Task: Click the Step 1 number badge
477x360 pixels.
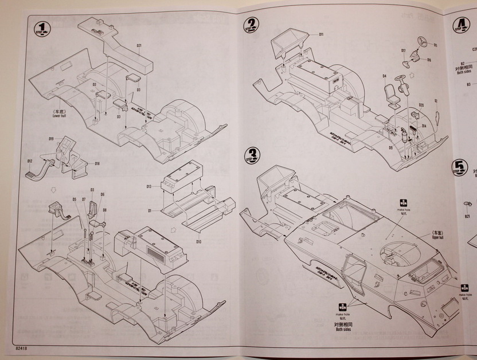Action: click(41, 29)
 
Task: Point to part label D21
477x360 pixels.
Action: click(139, 45)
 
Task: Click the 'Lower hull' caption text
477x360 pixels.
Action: click(60, 116)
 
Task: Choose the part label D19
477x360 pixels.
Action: click(51, 139)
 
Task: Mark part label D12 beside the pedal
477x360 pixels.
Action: click(30, 161)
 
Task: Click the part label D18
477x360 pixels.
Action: click(97, 163)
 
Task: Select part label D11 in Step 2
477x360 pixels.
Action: click(321, 34)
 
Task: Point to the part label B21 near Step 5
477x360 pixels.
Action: click(467, 217)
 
